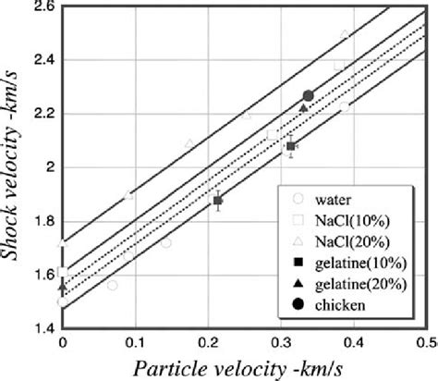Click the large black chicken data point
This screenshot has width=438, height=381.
309,96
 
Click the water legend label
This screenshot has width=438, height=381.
330,197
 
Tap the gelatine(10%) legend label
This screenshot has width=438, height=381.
354,263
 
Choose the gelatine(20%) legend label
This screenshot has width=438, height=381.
354,285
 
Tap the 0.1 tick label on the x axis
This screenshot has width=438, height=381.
135,343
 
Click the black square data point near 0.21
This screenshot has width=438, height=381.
218,201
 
